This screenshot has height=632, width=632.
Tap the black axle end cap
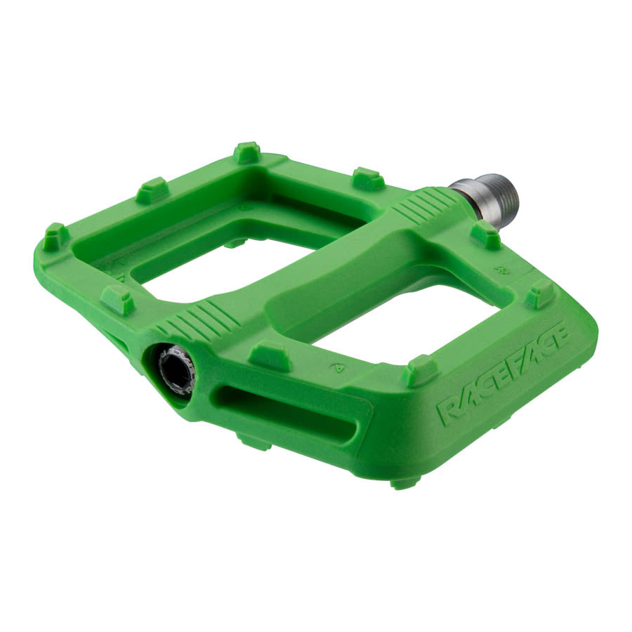coord(174,369)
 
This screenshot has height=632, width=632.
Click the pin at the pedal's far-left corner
coord(55,237)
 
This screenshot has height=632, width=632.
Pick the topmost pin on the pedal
coord(247,152)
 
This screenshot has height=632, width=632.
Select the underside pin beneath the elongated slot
coord(254,442)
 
